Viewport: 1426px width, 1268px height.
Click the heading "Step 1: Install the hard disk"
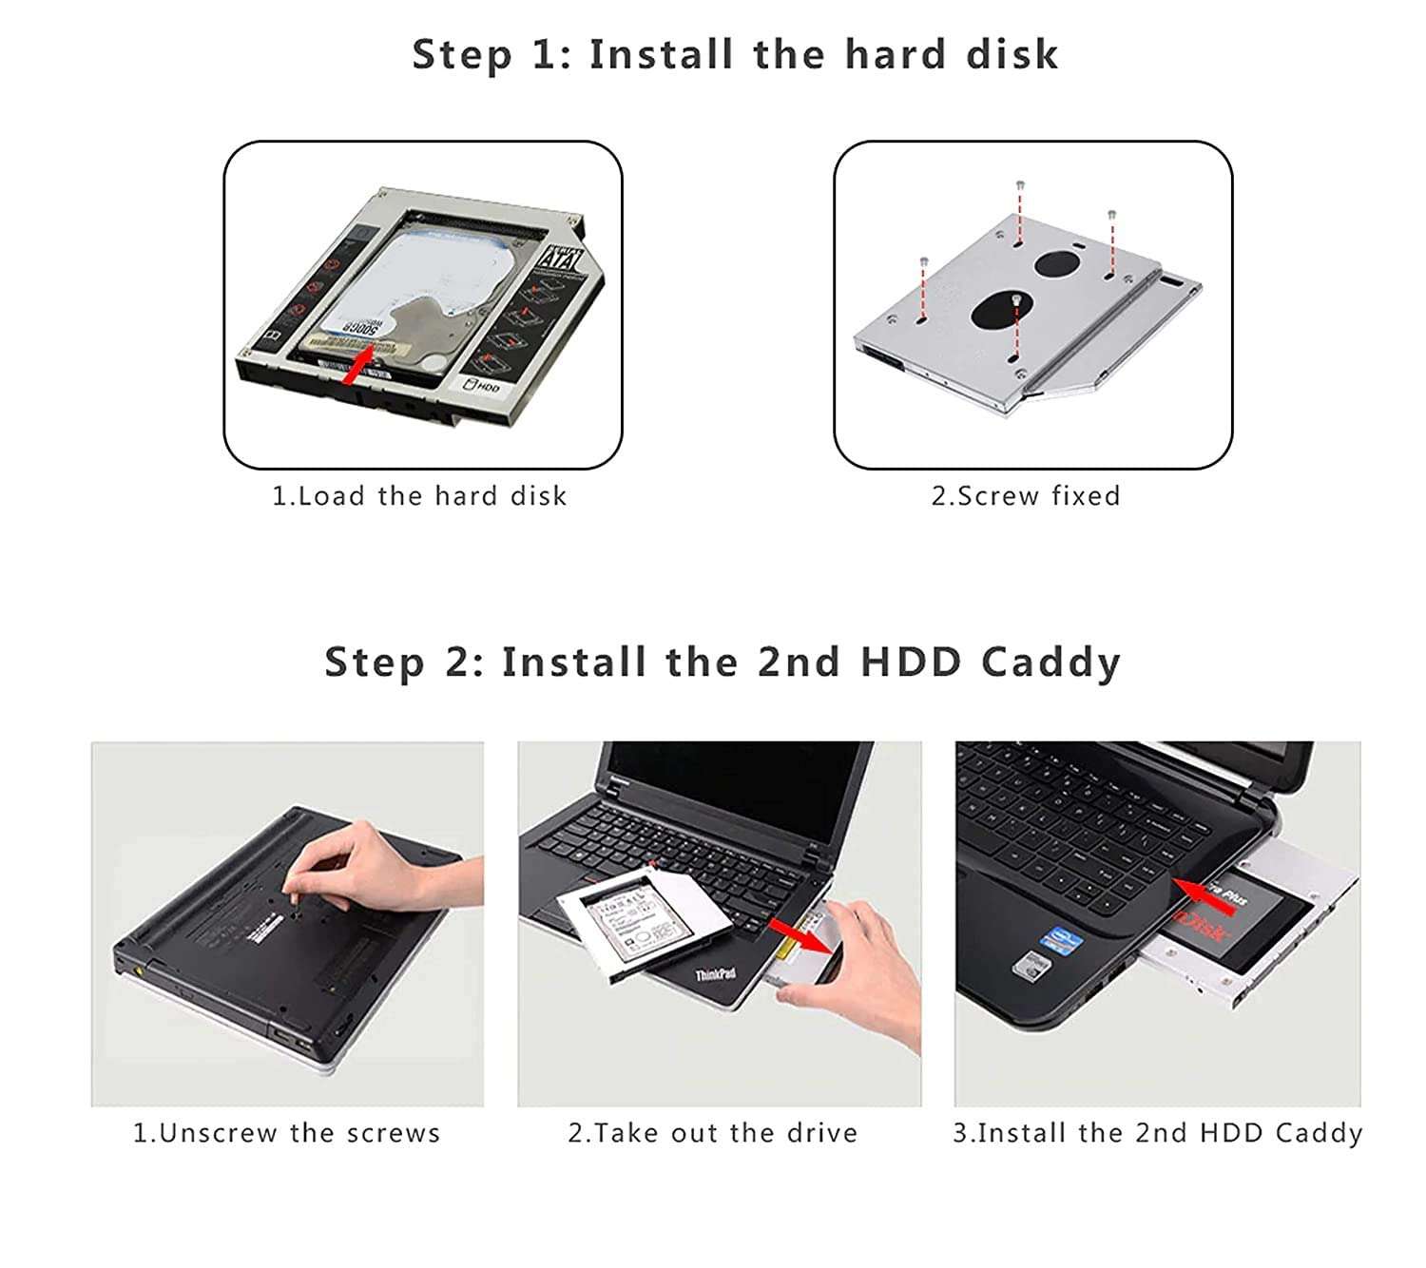734,54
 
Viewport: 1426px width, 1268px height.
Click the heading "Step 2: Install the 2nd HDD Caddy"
723,662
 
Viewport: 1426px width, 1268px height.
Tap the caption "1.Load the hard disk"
419,496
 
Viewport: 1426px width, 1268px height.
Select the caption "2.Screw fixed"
1025,496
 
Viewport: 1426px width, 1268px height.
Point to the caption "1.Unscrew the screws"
286,1133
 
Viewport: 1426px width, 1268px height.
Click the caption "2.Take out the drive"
712,1133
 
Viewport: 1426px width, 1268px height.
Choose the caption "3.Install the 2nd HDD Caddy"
1157,1133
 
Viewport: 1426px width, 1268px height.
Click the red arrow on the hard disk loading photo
356,367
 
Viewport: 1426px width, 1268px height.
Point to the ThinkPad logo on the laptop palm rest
715,974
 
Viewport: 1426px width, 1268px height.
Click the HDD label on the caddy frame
483,386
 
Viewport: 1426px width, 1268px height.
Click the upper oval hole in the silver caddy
1058,261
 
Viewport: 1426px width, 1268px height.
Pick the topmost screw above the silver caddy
1020,184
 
